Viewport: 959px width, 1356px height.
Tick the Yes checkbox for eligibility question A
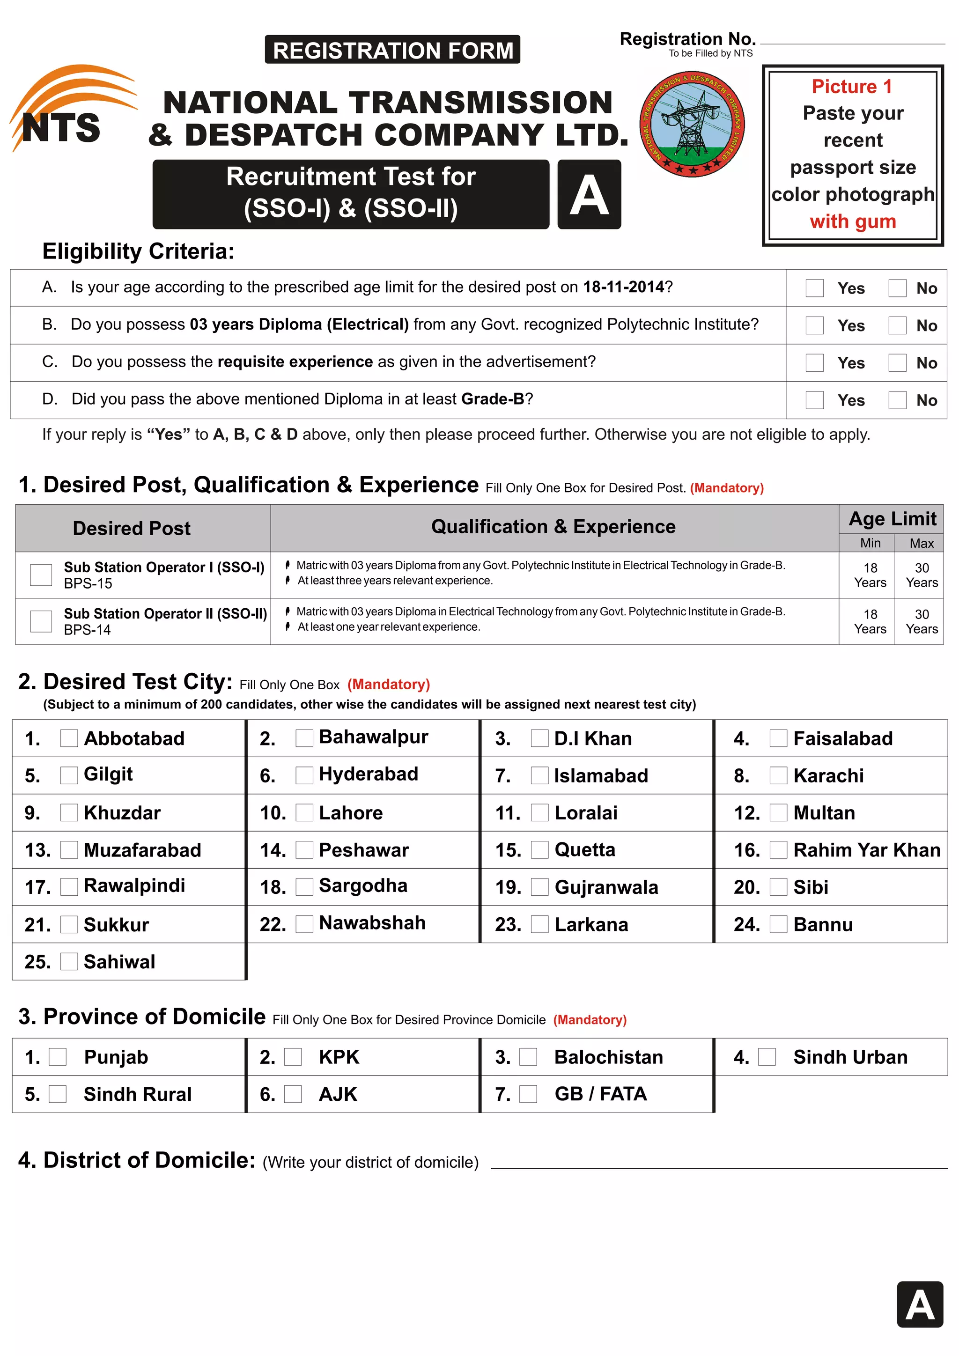click(x=814, y=288)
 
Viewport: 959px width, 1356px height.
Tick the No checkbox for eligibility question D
click(x=897, y=400)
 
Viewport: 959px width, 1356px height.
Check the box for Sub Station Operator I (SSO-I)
click(x=41, y=575)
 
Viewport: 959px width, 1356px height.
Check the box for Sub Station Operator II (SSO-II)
click(x=41, y=621)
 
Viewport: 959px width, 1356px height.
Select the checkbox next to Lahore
click(x=304, y=813)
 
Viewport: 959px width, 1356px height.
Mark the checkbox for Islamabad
click(x=539, y=775)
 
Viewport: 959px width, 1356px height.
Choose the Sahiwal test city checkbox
click(x=69, y=961)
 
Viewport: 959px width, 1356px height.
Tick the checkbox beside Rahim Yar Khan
click(x=778, y=850)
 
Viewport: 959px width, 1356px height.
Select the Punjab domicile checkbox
click(x=57, y=1057)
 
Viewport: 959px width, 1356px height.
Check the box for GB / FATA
click(x=528, y=1094)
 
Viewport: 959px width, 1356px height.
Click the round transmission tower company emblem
click(x=692, y=125)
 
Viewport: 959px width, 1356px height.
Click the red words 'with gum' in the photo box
click(x=852, y=221)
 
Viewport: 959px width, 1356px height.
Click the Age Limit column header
click(x=892, y=518)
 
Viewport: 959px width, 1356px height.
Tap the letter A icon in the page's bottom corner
click(x=920, y=1304)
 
